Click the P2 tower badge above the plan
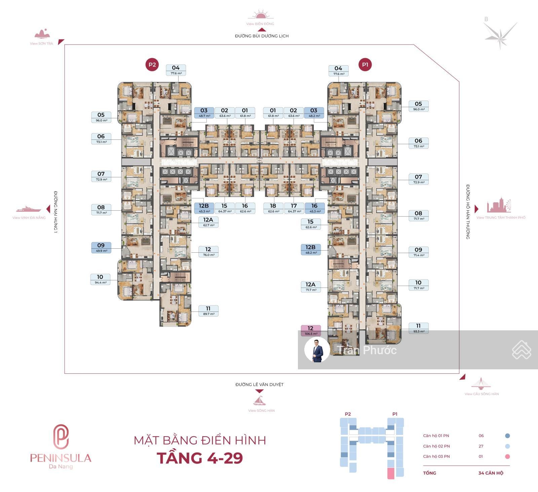[x=152, y=65]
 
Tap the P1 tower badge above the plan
[x=365, y=65]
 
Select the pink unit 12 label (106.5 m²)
[x=310, y=330]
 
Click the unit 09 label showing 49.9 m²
[x=101, y=248]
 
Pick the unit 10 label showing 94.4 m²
[x=100, y=279]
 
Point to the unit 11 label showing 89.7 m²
[x=208, y=311]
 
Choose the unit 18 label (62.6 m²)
[x=273, y=208]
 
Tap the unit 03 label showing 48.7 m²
[x=204, y=113]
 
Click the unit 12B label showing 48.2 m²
[x=310, y=250]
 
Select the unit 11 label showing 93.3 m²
[x=418, y=328]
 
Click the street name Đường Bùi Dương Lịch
[x=262, y=36]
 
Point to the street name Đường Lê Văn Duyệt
[x=259, y=384]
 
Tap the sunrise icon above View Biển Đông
[x=260, y=15]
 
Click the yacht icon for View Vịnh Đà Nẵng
[x=29, y=209]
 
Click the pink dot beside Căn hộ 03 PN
[x=507, y=456]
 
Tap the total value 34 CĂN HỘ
[x=491, y=473]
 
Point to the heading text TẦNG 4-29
[x=200, y=458]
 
